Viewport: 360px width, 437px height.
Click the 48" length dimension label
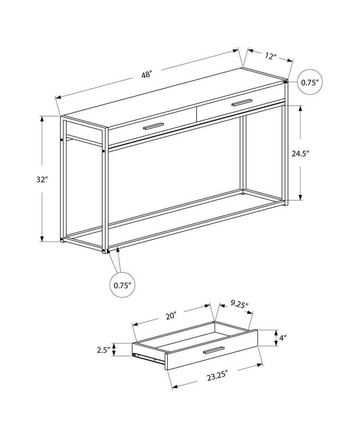pos(147,75)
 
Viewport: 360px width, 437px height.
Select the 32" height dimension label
pos(42,179)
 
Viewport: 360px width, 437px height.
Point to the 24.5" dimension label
pos(300,153)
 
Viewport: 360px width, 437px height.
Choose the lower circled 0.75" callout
pos(122,285)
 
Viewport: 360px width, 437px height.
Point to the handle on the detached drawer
pos(214,351)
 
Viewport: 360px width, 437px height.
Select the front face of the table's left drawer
pos(153,131)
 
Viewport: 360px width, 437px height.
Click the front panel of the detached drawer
pos(211,353)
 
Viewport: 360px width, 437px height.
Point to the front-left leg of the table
pos(105,189)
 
